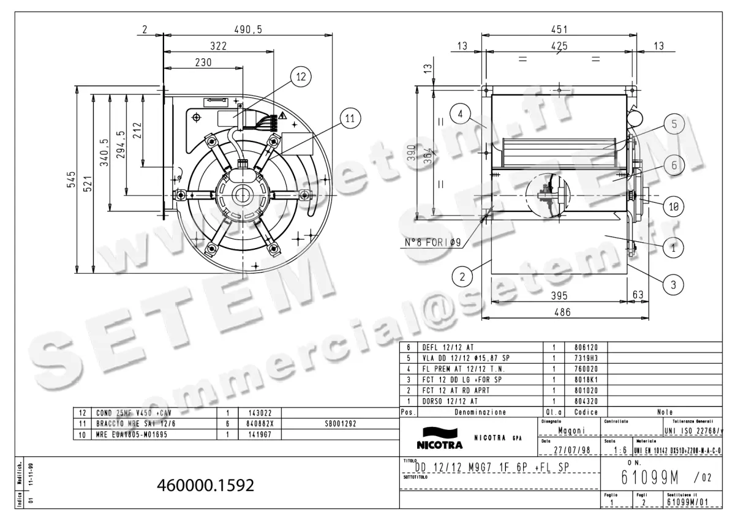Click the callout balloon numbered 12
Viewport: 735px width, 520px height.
[300, 77]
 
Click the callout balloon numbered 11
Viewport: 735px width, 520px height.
[349, 119]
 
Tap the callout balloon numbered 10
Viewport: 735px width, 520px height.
[673, 207]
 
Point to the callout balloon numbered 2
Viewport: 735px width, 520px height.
[464, 276]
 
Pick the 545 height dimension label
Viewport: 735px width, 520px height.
[72, 179]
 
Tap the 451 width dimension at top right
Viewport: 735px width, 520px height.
[559, 29]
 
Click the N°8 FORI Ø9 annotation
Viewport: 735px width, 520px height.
[432, 243]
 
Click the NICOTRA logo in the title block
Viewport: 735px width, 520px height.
[440, 441]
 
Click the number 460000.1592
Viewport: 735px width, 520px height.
[206, 485]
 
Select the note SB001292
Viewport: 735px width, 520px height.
[341, 423]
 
